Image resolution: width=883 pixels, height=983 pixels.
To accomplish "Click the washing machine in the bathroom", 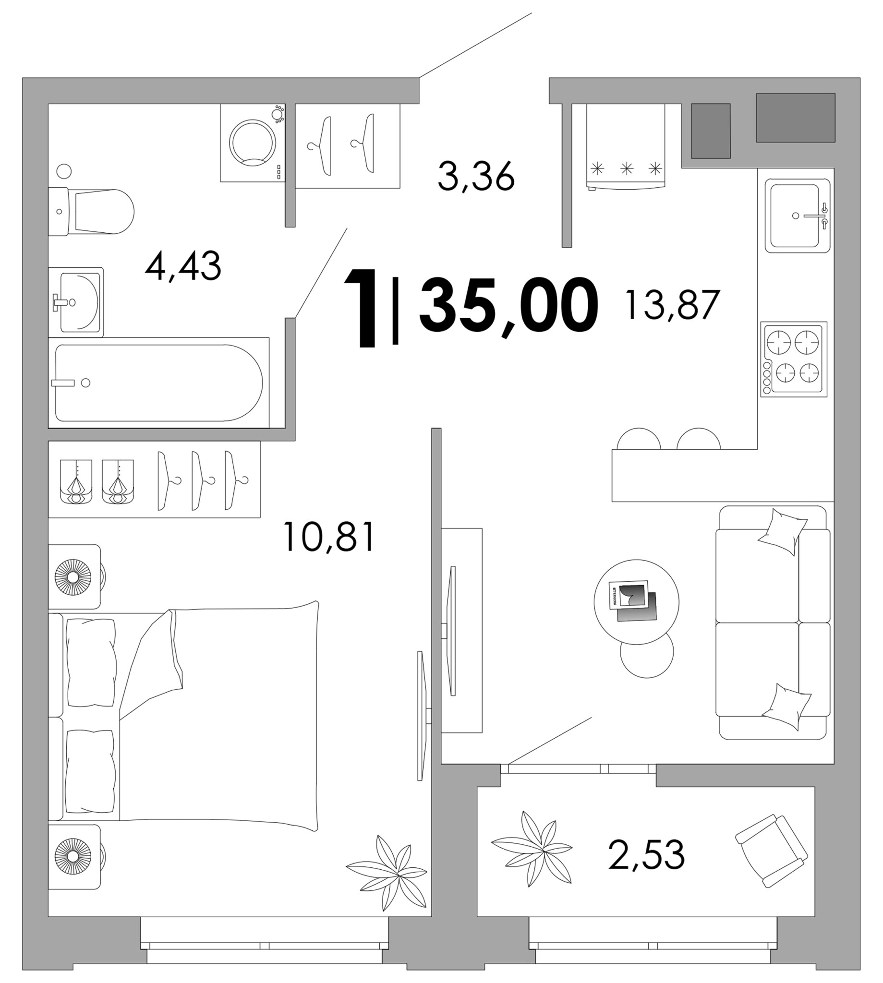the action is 252,143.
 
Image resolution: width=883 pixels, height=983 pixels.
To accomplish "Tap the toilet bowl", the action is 91,212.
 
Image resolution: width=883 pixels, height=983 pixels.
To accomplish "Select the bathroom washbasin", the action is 76,301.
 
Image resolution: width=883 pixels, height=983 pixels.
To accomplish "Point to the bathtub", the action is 158,383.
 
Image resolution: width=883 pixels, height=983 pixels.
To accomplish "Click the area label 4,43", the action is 183,266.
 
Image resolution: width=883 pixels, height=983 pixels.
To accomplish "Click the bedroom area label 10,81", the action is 329,536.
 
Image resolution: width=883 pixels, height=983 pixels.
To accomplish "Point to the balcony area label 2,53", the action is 646,854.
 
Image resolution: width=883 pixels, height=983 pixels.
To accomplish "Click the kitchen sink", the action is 798,216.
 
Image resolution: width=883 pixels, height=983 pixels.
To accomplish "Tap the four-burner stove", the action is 794,359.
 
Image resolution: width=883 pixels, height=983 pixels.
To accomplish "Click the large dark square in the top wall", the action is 795,118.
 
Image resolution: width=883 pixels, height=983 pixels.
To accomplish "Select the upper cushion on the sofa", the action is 782,532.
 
